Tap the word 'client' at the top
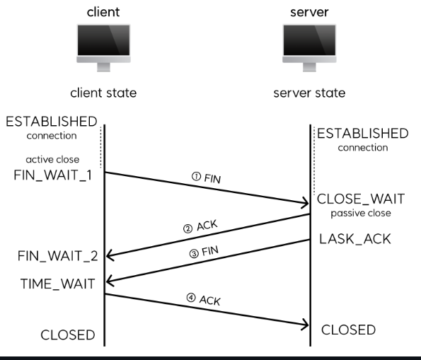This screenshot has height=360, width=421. click(103, 12)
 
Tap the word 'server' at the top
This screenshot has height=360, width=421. click(309, 12)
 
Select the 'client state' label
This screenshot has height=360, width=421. click(103, 93)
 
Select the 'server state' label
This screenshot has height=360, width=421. click(309, 93)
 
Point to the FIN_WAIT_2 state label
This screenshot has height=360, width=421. click(58, 255)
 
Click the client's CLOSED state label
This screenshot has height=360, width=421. click(68, 335)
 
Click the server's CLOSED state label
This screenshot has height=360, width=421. click(348, 330)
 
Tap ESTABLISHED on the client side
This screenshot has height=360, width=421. click(51, 122)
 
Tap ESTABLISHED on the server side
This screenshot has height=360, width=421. click(362, 134)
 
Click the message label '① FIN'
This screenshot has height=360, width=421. click(207, 178)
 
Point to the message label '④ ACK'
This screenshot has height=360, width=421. click(205, 299)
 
